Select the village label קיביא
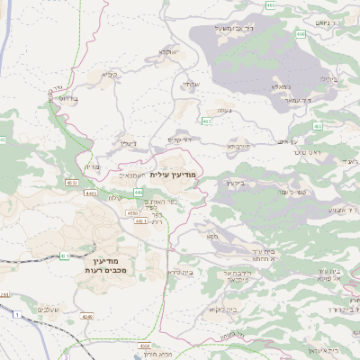[x=110, y=75]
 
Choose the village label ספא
[x=212, y=237]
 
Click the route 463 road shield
[x=207, y=121]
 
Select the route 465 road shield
[x=271, y=5]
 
